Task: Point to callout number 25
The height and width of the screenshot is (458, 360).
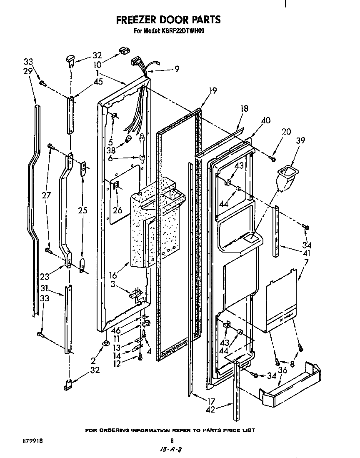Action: pyautogui.click(x=82, y=210)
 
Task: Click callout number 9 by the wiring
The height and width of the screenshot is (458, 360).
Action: pyautogui.click(x=177, y=70)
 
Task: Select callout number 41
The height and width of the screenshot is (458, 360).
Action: pyautogui.click(x=307, y=253)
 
